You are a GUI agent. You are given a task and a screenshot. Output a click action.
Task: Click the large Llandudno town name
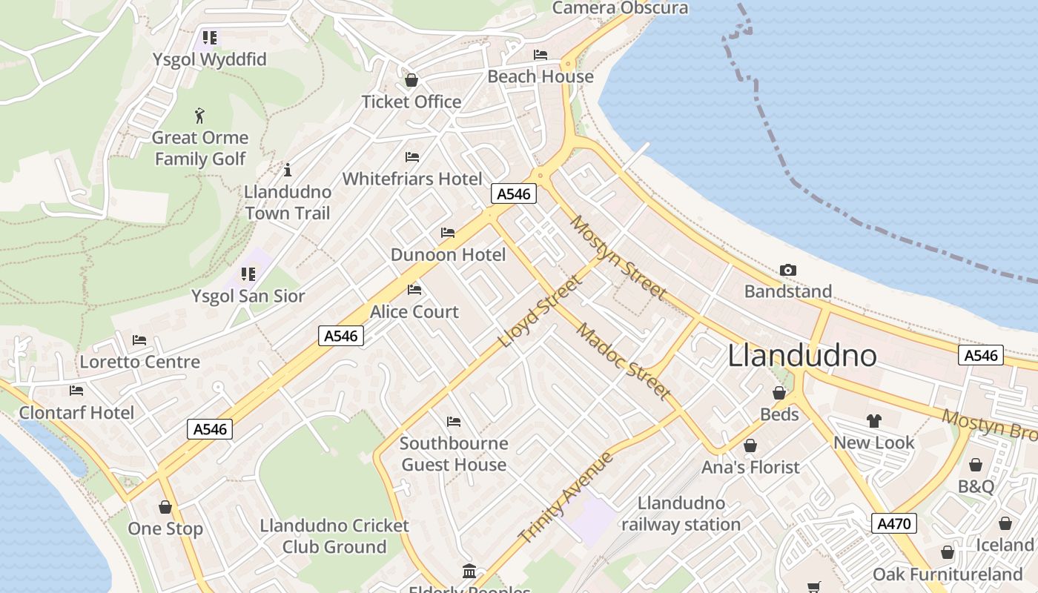(802, 356)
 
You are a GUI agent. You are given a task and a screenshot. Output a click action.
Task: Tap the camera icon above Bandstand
(788, 271)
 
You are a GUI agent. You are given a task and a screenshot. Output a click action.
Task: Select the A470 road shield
(893, 523)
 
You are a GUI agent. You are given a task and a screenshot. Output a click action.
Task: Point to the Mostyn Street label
(617, 256)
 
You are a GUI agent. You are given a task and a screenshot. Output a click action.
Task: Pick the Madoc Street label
(624, 361)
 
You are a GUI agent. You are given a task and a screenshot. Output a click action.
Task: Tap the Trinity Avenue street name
(566, 497)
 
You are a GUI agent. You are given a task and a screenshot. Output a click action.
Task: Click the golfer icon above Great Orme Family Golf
(199, 116)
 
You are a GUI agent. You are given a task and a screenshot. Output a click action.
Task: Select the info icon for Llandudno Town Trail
(288, 169)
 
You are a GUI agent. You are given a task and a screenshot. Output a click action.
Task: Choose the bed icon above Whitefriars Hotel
(412, 157)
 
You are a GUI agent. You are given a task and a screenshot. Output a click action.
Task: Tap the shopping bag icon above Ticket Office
(411, 80)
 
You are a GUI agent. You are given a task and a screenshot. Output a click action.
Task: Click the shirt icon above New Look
(874, 421)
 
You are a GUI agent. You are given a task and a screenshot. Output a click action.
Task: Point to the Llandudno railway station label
(681, 514)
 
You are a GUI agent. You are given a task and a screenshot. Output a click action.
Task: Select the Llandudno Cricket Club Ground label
(334, 536)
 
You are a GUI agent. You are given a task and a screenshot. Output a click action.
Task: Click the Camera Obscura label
(620, 8)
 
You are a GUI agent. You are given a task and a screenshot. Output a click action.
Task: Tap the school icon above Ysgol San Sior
(248, 274)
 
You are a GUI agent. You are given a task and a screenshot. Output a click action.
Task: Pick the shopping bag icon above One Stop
(165, 507)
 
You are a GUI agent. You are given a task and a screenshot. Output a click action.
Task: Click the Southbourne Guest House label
(454, 454)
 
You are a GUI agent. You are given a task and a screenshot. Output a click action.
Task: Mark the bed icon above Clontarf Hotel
(76, 391)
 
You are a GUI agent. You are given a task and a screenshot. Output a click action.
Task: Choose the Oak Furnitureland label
(948, 574)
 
